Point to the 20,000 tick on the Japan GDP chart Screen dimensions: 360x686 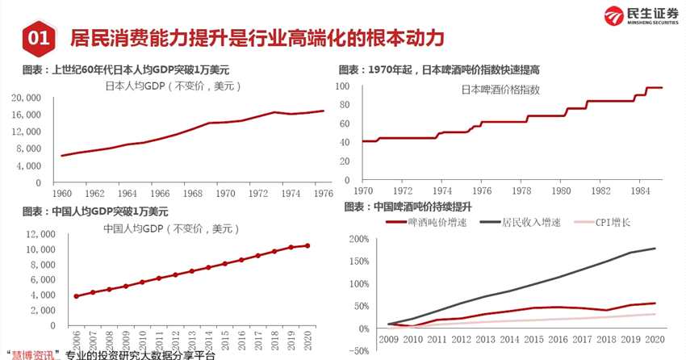(27, 97)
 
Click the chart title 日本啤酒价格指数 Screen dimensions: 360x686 (500, 90)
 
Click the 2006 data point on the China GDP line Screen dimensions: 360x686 (76, 296)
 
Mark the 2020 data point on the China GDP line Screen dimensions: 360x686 (307, 245)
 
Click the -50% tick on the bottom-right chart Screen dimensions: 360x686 (358, 350)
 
